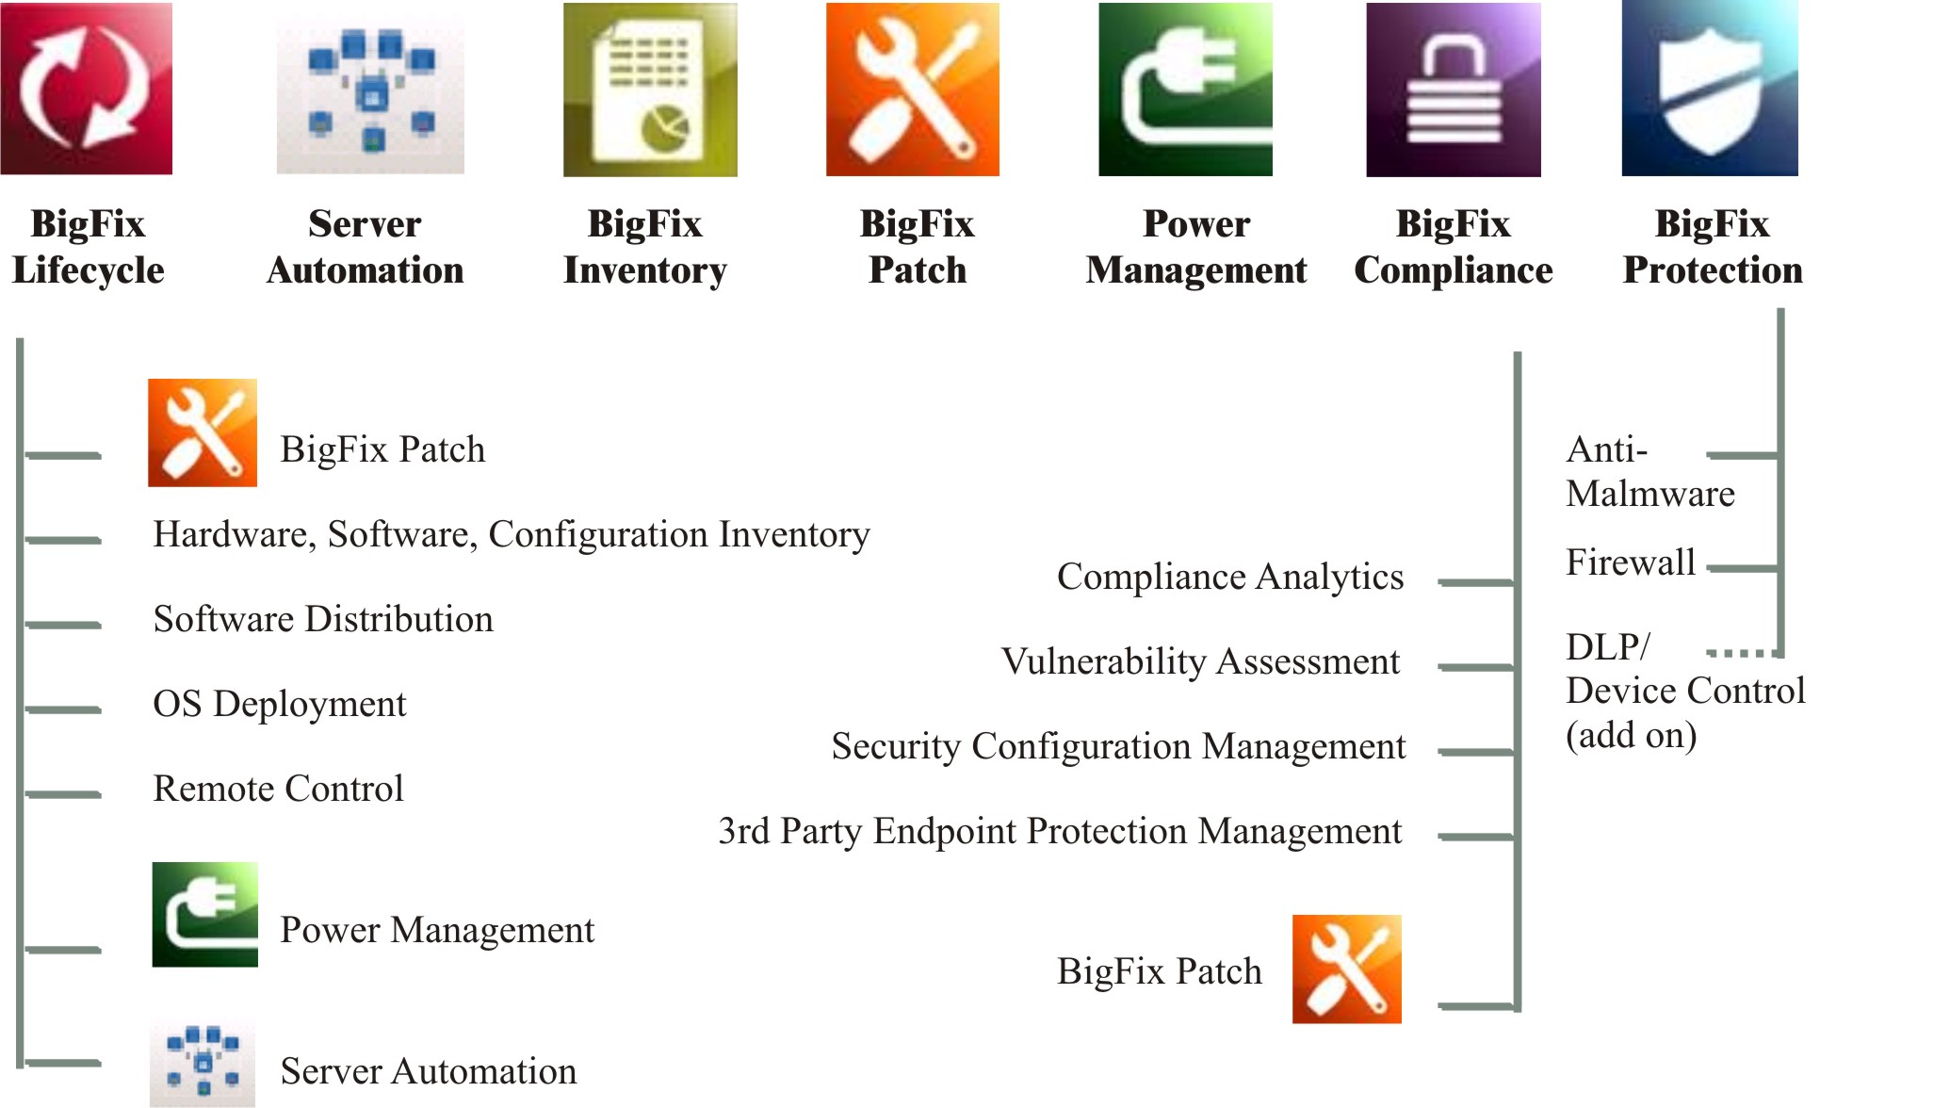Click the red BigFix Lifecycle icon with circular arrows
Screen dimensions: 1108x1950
(87, 89)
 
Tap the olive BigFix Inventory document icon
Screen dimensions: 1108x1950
(650, 90)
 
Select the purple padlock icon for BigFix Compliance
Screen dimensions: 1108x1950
(1454, 90)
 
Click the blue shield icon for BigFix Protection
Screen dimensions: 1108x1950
(1710, 89)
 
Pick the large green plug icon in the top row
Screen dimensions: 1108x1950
(1185, 90)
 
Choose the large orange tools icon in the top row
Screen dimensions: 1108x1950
(913, 90)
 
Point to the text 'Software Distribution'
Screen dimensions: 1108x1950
(323, 619)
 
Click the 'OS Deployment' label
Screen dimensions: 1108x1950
(280, 704)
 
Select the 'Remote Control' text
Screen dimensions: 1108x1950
(278, 789)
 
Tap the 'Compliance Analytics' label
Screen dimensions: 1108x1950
(1230, 577)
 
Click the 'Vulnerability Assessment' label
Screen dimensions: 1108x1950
(1200, 661)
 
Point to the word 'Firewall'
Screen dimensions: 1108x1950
(1631, 562)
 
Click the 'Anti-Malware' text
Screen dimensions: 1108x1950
(1649, 471)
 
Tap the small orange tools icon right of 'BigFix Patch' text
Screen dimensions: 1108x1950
(1347, 969)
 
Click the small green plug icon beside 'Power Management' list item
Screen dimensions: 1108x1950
(205, 915)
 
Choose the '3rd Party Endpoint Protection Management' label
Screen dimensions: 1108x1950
(1060, 831)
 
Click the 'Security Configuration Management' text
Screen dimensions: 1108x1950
(1118, 746)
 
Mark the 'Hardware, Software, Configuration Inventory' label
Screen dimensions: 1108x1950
(512, 534)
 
